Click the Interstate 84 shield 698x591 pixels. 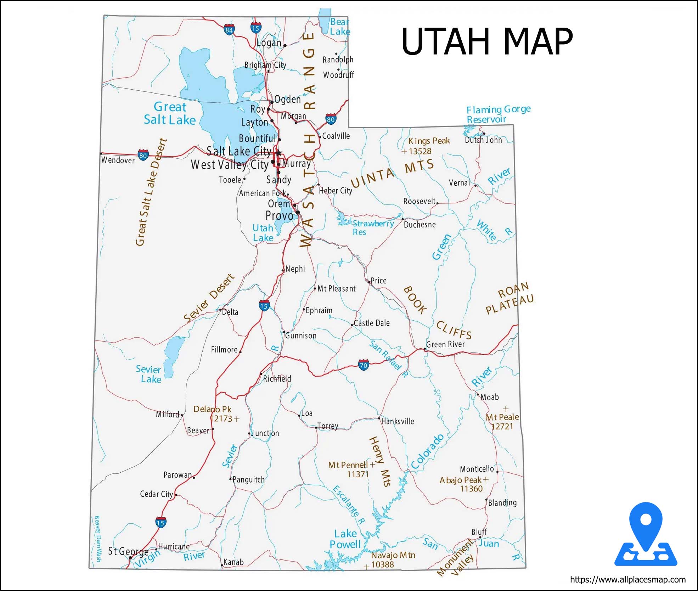229,30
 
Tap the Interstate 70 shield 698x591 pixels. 364,365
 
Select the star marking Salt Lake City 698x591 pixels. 279,153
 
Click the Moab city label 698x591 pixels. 490,397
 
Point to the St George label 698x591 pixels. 128,551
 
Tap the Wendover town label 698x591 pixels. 118,160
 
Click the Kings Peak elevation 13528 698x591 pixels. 420,151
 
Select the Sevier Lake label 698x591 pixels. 148,374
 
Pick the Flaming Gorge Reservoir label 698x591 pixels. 498,114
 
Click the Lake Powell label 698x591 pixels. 345,539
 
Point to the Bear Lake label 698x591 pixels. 340,27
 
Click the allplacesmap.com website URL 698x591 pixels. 627,580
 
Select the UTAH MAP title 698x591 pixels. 487,42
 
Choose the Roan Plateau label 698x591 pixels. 510,299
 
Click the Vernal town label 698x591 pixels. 459,183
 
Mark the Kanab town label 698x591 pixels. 233,562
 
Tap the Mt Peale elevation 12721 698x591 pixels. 502,426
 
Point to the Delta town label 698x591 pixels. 230,312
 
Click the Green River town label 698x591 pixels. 445,344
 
